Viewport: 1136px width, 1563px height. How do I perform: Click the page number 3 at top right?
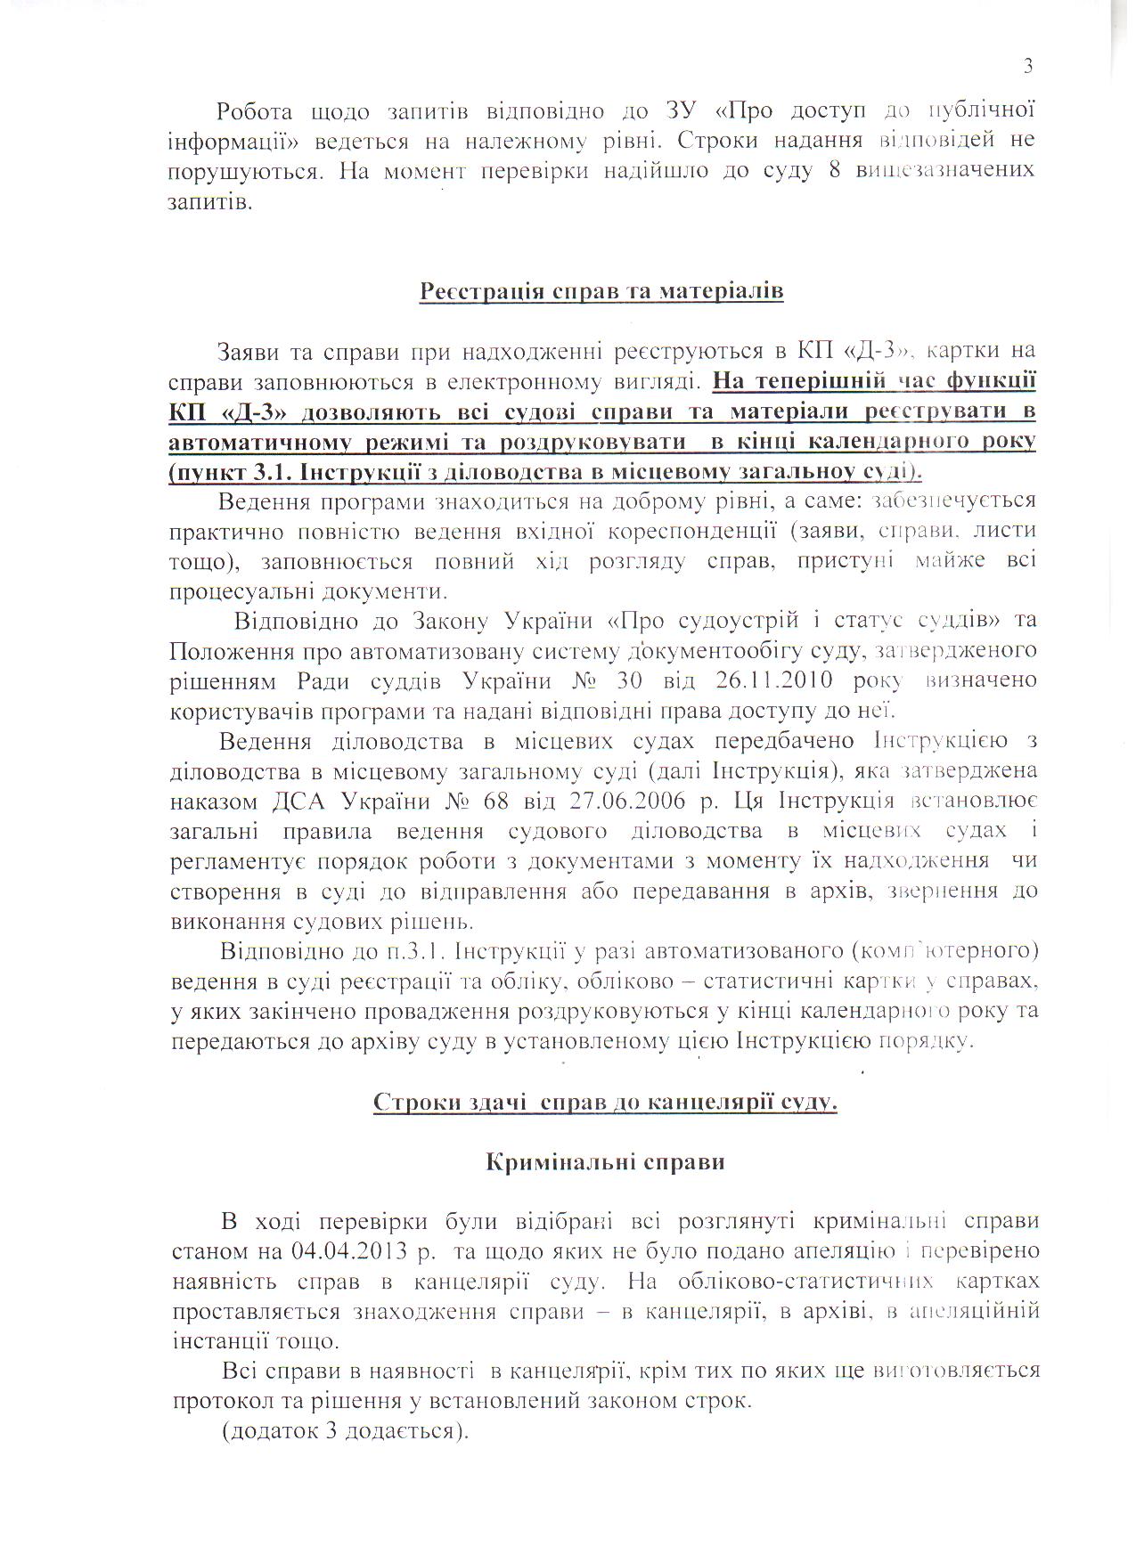(1027, 66)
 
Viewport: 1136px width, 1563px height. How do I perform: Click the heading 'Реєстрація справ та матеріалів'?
(601, 291)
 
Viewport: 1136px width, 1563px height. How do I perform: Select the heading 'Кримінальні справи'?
(605, 1161)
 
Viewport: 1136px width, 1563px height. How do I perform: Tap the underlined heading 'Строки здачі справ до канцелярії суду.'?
(605, 1103)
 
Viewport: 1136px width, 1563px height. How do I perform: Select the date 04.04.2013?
(348, 1250)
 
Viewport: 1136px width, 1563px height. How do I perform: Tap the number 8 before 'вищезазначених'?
(835, 170)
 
